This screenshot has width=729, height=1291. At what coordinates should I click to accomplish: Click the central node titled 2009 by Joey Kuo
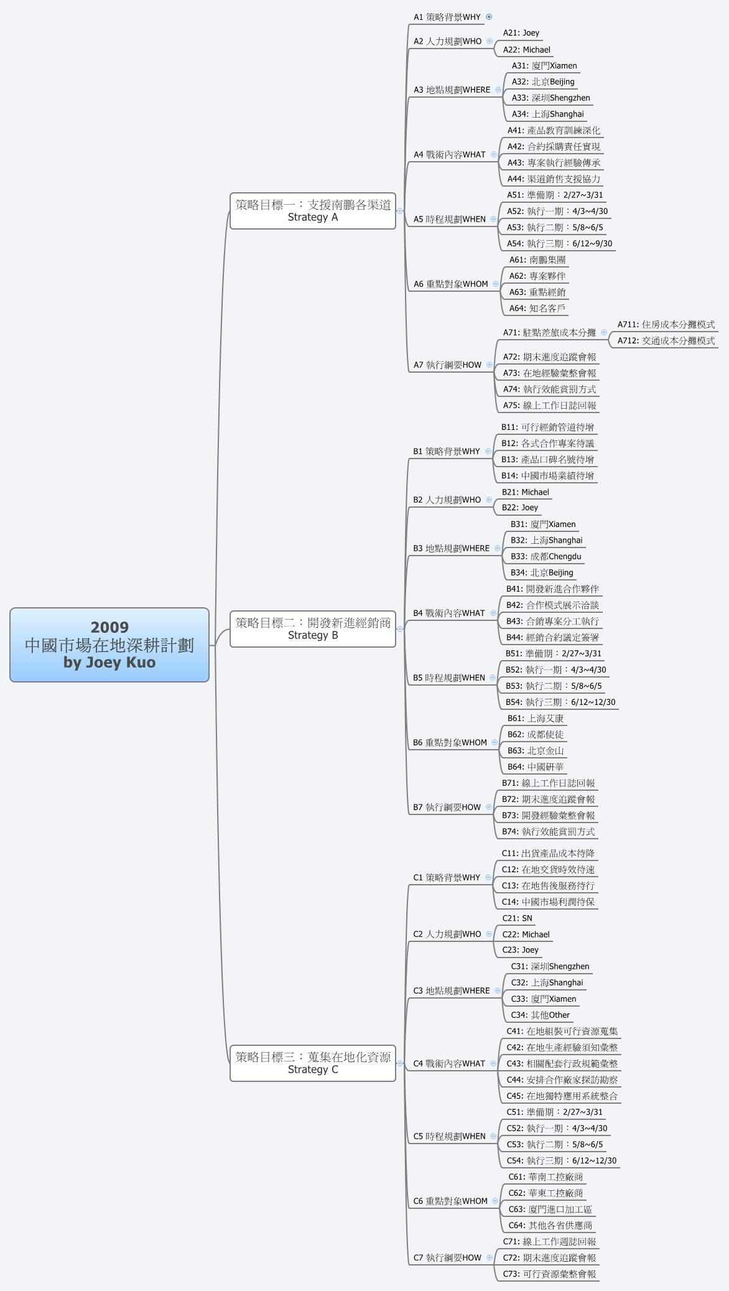tap(109, 645)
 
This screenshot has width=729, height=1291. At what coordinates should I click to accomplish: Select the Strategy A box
tap(313, 210)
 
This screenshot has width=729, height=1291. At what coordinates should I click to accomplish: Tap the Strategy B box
tap(313, 628)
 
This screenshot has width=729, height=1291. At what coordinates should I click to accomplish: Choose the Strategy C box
tap(313, 1063)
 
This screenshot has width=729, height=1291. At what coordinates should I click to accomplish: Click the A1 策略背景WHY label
tap(447, 17)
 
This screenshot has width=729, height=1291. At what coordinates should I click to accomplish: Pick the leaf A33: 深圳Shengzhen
tap(550, 98)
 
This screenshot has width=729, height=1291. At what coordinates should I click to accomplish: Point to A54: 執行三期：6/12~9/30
tap(559, 243)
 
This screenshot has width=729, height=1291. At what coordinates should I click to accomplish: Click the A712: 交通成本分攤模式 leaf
tap(666, 340)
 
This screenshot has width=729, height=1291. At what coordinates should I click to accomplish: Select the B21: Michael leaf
tap(525, 492)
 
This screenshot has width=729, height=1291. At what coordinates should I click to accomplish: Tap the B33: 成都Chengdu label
tap(546, 556)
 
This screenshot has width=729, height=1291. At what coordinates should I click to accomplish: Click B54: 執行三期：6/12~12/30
tap(560, 702)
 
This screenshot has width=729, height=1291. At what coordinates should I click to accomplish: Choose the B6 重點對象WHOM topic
tap(450, 742)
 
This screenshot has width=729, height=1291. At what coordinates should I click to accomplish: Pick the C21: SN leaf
tap(517, 918)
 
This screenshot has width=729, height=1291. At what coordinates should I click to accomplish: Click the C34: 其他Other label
tap(540, 1015)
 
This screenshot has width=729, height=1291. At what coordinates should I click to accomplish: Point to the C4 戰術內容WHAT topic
tap(449, 1063)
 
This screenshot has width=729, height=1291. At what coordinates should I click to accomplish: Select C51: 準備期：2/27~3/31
tap(554, 1112)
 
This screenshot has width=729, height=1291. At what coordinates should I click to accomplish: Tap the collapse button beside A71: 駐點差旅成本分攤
tap(604, 332)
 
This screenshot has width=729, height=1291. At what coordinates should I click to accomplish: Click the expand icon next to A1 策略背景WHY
tap(489, 17)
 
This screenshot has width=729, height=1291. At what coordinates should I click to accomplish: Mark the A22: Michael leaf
tap(526, 49)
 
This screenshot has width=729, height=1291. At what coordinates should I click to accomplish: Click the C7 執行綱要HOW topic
tap(447, 1257)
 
